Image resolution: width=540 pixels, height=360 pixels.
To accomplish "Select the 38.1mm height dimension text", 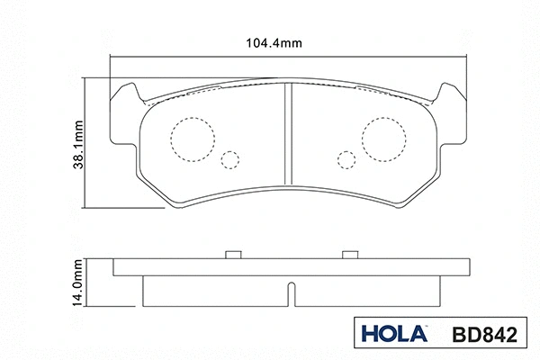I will [x=79, y=144].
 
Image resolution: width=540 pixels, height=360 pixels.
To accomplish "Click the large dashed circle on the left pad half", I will [x=192, y=139].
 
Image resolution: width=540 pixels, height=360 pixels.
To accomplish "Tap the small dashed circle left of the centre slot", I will [x=231, y=160].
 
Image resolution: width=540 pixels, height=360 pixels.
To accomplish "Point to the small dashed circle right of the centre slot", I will [x=346, y=160].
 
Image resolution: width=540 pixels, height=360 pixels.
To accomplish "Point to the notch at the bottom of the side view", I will [x=288, y=294].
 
